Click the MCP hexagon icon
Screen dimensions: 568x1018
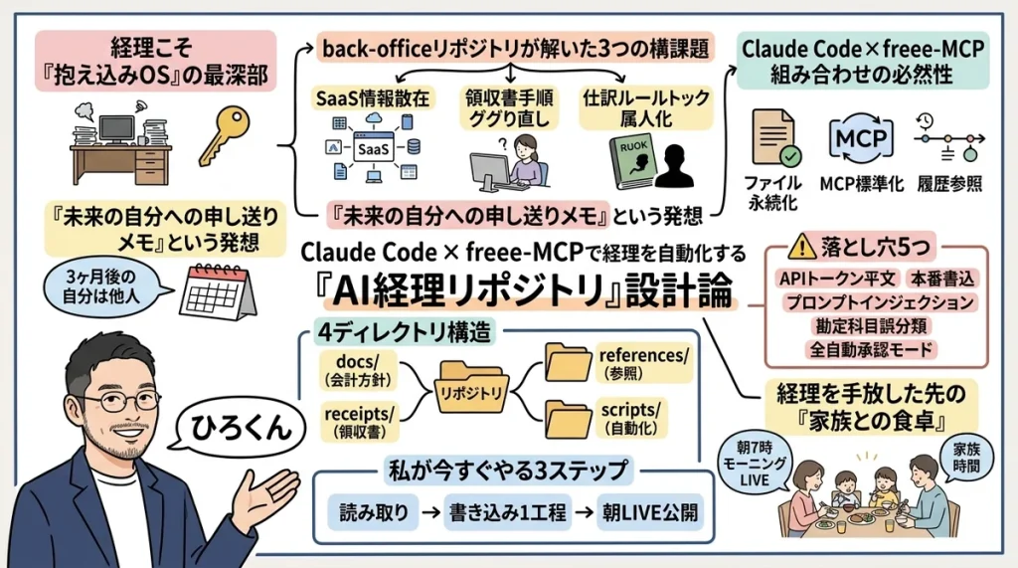click(860, 137)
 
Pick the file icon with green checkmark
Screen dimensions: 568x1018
click(774, 137)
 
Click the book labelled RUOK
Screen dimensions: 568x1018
click(634, 160)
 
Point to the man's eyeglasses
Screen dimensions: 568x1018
click(111, 402)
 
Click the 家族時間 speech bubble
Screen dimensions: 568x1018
click(965, 457)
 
